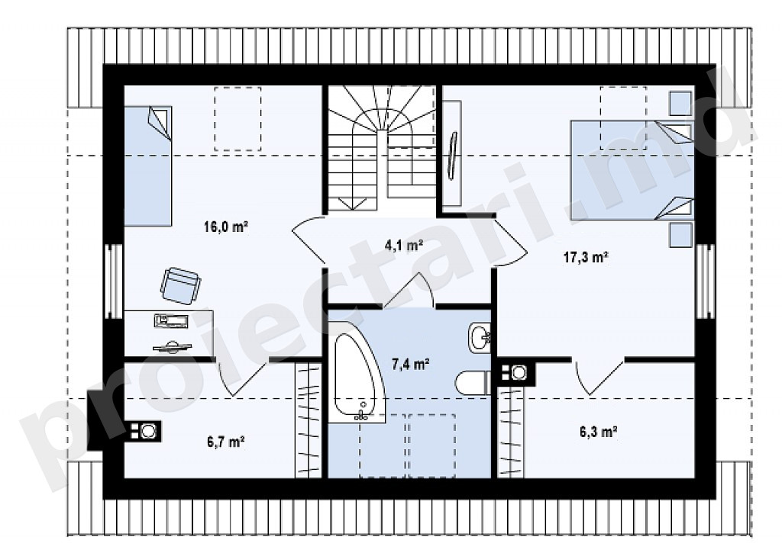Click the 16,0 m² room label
[x=226, y=227]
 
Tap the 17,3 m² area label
[x=586, y=258]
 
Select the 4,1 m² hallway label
[x=404, y=245]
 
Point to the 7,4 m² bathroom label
[x=410, y=364]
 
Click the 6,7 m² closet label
[x=225, y=441]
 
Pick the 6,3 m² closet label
[x=599, y=432]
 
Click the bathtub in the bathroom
[x=357, y=376]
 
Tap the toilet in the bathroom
[x=473, y=384]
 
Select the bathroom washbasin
[x=480, y=338]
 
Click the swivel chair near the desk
[x=180, y=285]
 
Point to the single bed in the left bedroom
[x=148, y=166]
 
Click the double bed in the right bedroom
[x=632, y=170]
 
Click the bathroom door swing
[x=410, y=291]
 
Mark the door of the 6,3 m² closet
[x=599, y=377]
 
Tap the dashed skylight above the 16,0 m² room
[x=238, y=118]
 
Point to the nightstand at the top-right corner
[x=680, y=103]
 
